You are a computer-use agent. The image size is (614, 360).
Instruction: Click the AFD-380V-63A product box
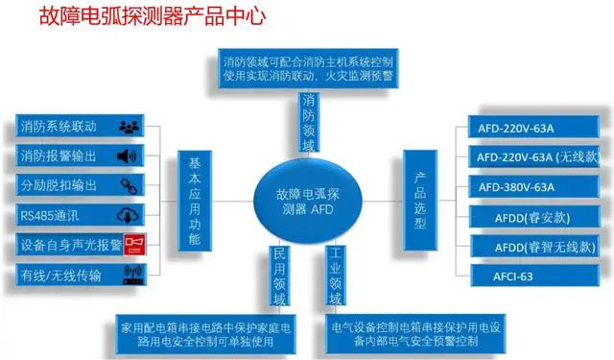[526, 185]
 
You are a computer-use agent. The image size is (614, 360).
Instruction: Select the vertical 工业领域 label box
[335, 277]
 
